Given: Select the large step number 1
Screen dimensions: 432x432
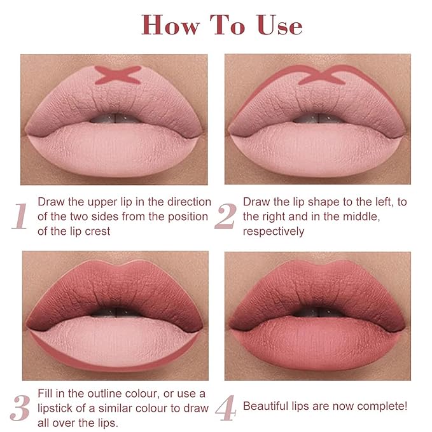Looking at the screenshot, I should click(20, 216).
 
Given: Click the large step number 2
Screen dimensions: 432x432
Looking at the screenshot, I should click(225, 216).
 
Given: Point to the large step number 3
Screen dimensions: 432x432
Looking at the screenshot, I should click(20, 409).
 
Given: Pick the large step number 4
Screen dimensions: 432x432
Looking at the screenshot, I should click(225, 409).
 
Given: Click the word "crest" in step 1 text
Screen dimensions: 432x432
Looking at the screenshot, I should click(99, 231).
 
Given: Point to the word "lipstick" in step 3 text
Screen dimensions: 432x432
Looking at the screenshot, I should click(64, 408).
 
